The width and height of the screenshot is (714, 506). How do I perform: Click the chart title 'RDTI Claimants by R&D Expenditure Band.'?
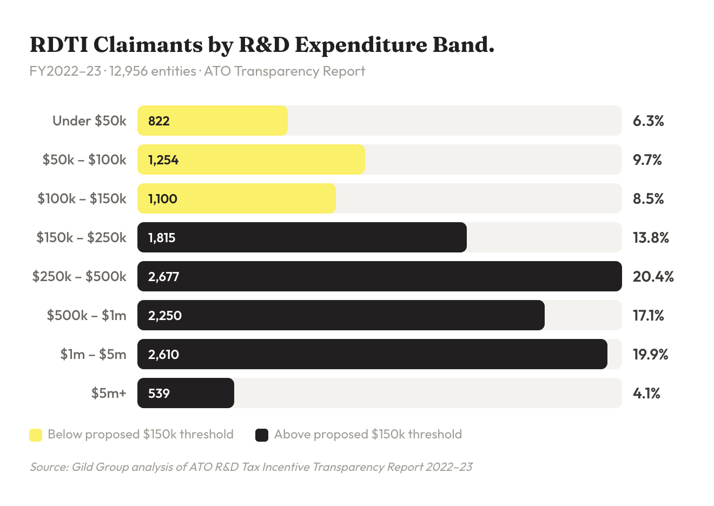262,45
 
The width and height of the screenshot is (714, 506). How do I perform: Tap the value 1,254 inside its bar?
163,160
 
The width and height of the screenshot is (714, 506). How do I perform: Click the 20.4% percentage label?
653,277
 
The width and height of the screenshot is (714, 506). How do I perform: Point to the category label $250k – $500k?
80,277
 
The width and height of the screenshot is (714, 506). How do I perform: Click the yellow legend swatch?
36,435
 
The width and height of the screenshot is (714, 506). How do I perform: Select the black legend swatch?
262,435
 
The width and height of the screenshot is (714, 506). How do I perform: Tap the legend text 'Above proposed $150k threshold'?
368,435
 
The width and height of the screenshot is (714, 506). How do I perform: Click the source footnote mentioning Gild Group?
251,467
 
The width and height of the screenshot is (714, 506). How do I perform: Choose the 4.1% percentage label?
646,394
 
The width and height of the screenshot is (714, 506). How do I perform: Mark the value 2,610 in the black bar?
163,355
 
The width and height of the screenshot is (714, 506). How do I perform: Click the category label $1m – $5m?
93,355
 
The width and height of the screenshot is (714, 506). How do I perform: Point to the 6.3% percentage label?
648,121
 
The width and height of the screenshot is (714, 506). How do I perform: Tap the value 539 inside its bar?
159,394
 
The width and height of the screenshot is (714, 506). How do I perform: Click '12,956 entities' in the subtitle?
153,71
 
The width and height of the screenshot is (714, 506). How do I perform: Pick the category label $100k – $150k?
82,199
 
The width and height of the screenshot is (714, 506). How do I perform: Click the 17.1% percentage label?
648,316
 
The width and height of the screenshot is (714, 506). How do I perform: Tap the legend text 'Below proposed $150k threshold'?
141,435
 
